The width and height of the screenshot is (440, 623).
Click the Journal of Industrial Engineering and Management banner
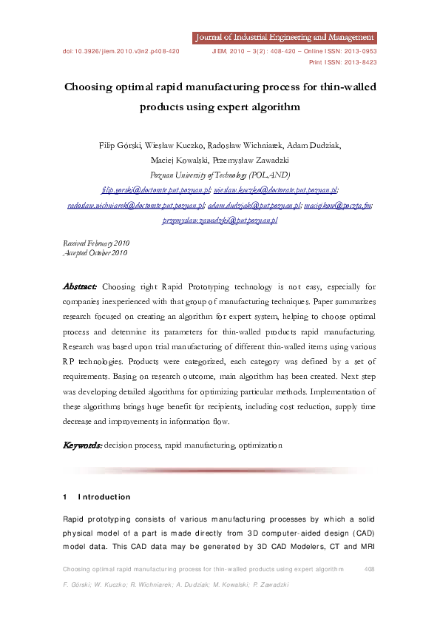[284, 37]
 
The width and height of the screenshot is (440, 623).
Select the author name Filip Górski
[121, 146]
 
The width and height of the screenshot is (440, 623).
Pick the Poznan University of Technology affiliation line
[220, 175]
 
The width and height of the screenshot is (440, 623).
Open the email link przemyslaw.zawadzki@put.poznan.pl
[220, 220]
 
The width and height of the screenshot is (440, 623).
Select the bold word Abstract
[79, 286]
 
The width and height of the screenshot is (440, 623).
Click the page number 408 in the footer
[370, 569]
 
